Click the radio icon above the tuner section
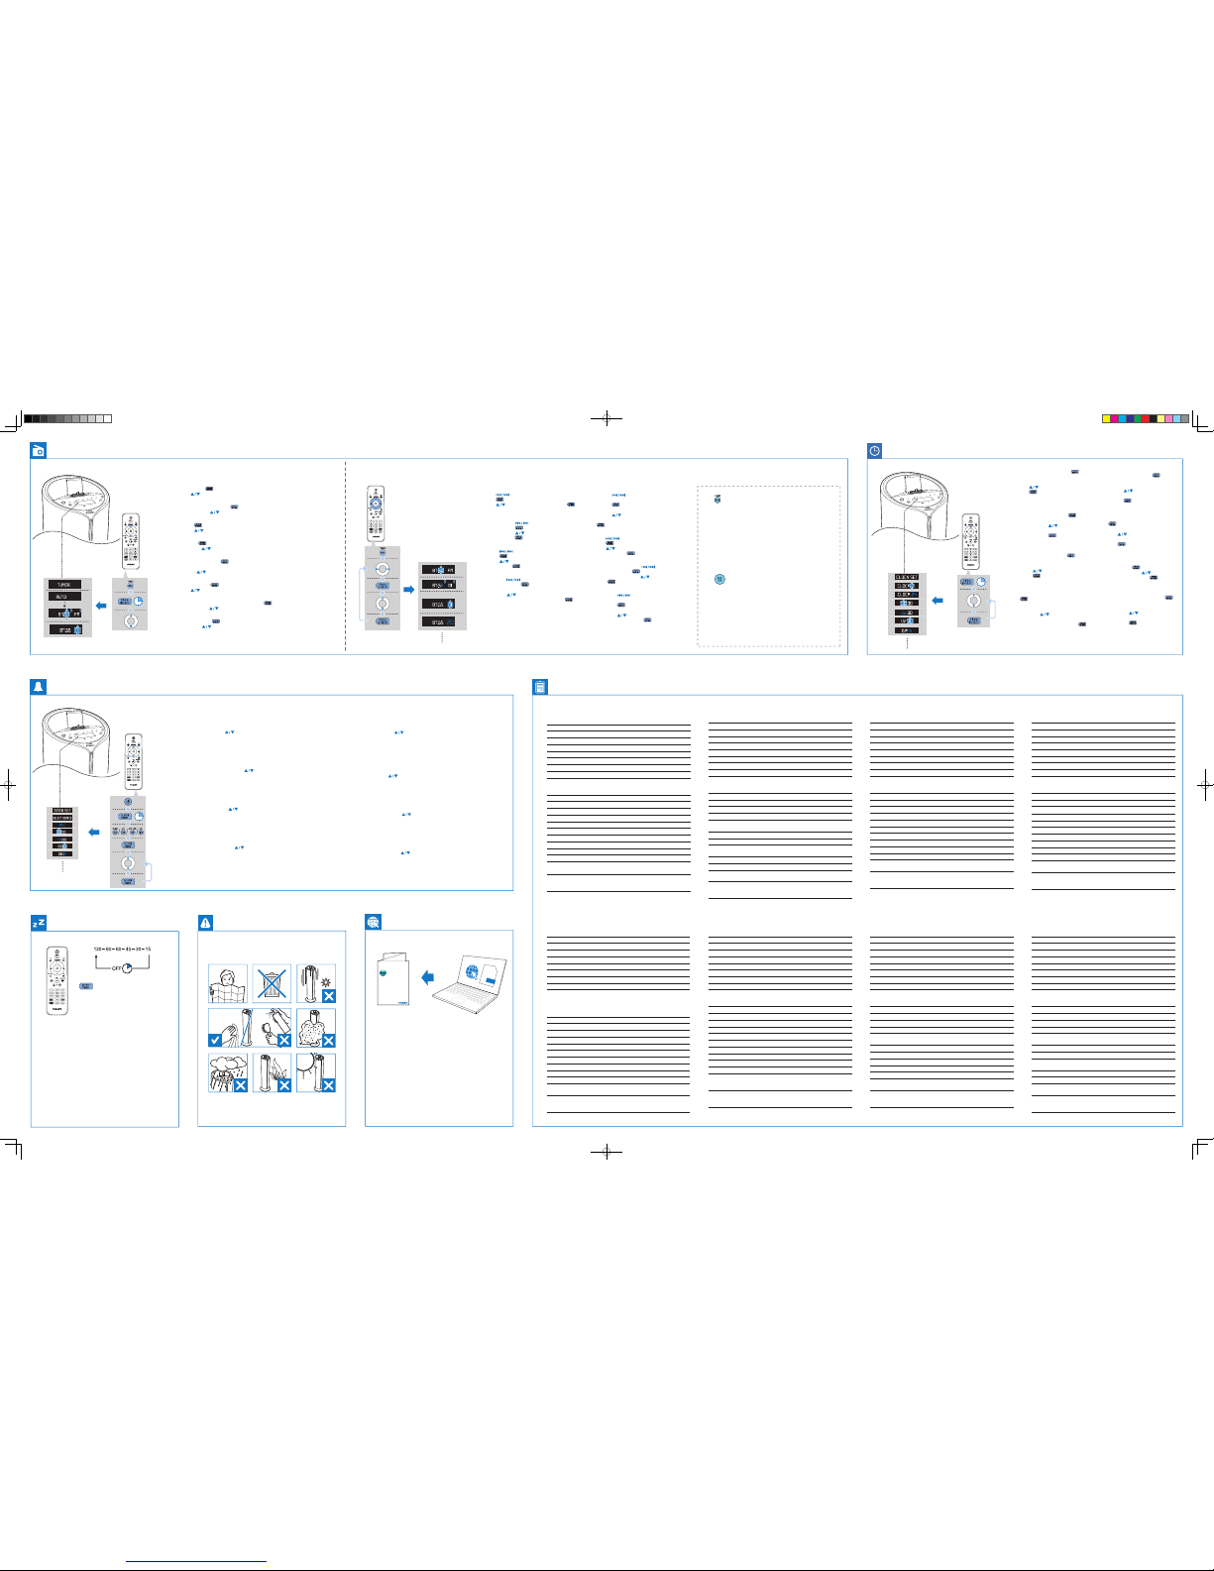click(38, 451)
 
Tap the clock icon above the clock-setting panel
click(874, 451)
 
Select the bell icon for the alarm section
click(38, 687)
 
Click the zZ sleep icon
click(38, 923)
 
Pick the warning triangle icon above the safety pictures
click(205, 923)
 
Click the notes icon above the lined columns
click(540, 687)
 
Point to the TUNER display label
click(63, 586)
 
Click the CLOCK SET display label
click(906, 577)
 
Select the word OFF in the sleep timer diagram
click(116, 967)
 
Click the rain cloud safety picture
click(227, 1072)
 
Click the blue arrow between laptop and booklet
click(428, 977)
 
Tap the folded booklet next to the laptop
click(393, 981)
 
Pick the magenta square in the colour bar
click(1114, 418)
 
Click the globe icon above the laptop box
click(373, 923)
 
